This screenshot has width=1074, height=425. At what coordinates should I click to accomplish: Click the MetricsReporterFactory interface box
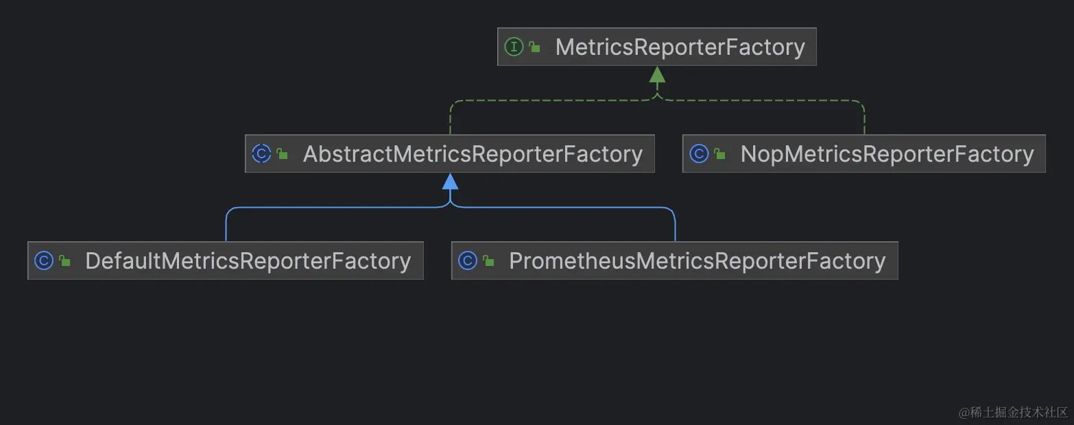(656, 47)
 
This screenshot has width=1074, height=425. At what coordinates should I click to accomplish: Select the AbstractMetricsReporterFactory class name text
(473, 154)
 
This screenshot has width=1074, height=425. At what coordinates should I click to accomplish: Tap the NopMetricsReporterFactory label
(887, 154)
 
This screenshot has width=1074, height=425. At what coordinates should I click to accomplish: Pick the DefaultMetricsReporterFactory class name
(248, 260)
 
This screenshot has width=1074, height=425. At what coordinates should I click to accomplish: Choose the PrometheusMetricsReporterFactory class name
(697, 260)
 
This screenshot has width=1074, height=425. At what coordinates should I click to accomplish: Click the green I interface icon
(514, 47)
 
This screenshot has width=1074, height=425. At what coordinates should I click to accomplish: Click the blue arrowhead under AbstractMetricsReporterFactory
(450, 181)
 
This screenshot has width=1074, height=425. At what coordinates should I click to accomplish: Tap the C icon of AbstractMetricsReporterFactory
(261, 154)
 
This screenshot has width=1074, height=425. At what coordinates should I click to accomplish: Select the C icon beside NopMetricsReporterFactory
(699, 154)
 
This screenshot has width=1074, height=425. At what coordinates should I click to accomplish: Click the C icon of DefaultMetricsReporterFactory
(44, 260)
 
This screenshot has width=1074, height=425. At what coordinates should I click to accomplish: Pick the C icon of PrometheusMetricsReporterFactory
(468, 260)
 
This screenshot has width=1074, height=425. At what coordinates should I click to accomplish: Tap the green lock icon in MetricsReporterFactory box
(535, 47)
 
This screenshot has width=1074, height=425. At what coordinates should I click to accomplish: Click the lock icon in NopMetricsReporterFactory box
(719, 154)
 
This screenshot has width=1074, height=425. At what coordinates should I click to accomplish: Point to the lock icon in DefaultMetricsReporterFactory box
(64, 261)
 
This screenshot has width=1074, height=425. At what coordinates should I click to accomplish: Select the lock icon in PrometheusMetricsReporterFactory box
(488, 261)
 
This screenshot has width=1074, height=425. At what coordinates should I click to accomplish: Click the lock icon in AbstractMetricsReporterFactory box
(283, 154)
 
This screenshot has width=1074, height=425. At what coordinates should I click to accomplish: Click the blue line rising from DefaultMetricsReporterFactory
(226, 226)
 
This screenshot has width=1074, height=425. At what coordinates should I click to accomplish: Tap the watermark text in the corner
(1014, 412)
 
